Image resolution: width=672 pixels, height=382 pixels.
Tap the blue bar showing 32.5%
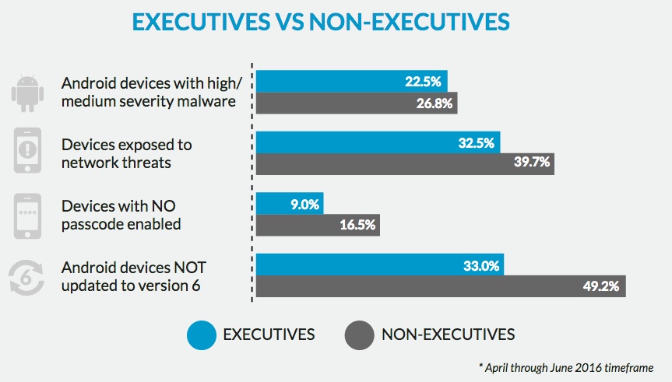378,142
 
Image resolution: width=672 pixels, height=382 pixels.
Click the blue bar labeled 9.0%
290,204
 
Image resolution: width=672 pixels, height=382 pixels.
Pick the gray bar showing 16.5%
318,225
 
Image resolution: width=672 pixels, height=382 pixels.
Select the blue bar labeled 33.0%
380,265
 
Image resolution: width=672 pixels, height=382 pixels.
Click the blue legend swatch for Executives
200,335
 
